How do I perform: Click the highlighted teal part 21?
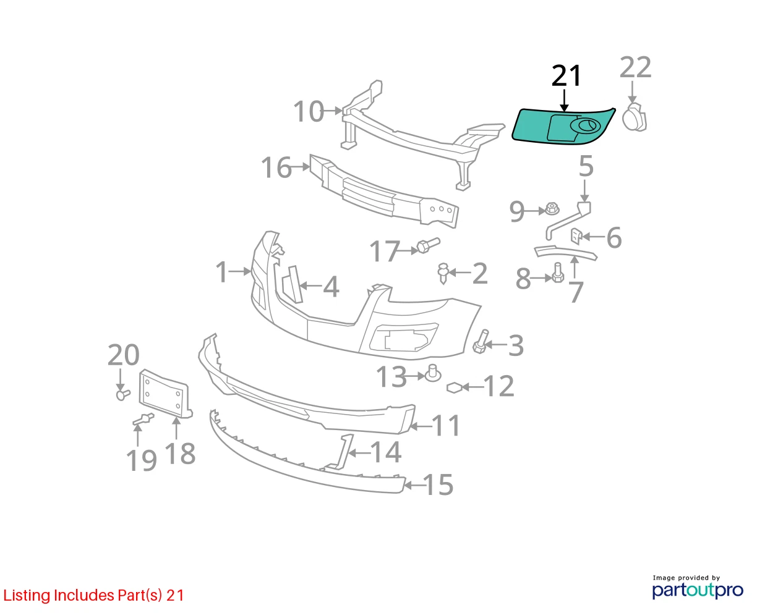(x=533, y=127)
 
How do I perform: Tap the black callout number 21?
(x=566, y=75)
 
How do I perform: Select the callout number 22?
(x=635, y=67)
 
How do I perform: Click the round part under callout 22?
(x=635, y=117)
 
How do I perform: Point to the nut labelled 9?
(x=552, y=208)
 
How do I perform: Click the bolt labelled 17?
(x=428, y=245)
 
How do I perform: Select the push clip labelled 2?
(x=443, y=273)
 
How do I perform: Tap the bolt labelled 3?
(x=481, y=341)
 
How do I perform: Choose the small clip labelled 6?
(x=576, y=237)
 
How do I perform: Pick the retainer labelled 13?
(x=433, y=373)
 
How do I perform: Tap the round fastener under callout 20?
(x=123, y=394)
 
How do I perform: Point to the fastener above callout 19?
(x=143, y=419)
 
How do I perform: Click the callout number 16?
(x=276, y=167)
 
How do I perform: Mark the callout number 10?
(x=309, y=111)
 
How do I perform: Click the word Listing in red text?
(x=27, y=596)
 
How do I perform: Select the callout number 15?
(x=438, y=485)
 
